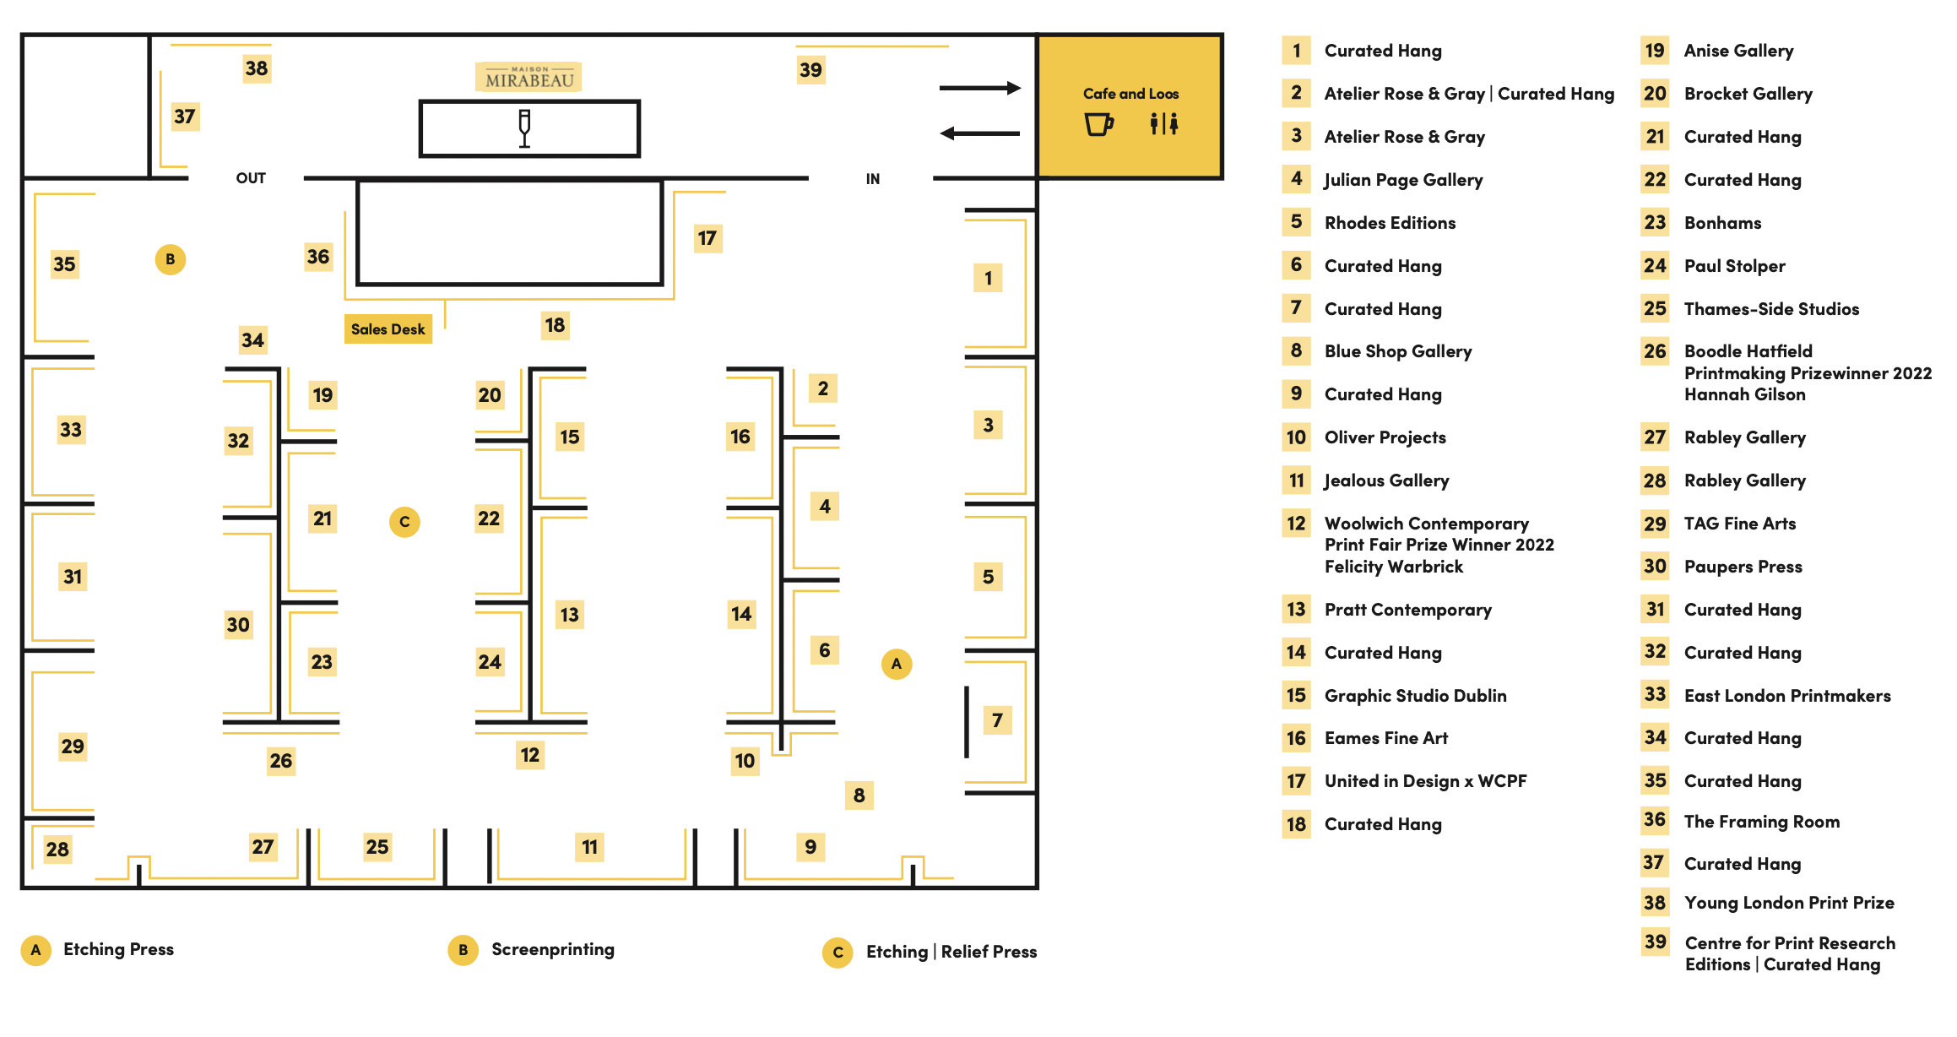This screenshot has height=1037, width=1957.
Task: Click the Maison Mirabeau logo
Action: (529, 77)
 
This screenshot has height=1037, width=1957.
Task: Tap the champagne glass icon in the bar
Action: (524, 128)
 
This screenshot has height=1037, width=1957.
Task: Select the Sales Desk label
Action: (388, 329)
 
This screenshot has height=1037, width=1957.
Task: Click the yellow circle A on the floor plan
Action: (897, 664)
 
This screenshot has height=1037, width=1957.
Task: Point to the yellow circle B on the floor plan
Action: (171, 259)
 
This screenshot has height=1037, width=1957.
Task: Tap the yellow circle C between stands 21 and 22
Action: (404, 522)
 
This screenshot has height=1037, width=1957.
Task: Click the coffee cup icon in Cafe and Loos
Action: (1098, 124)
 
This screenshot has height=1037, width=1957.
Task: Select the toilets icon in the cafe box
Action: (1164, 123)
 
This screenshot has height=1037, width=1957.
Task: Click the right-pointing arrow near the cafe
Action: (980, 88)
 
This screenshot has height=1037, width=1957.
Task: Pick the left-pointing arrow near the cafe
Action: (980, 133)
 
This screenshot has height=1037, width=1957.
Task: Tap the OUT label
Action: (251, 178)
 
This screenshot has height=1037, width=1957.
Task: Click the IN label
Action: (873, 179)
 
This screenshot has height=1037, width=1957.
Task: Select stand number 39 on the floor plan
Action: (810, 69)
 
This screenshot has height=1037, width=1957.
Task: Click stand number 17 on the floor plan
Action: (707, 238)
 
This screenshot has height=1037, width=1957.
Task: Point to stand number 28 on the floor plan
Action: (57, 850)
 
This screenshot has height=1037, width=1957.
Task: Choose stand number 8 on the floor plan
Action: (859, 795)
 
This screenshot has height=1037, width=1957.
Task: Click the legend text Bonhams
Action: (1722, 223)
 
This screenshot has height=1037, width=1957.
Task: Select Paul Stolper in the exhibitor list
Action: (1734, 266)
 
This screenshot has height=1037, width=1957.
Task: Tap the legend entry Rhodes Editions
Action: (1390, 223)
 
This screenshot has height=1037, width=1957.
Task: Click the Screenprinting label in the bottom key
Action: (553, 949)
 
